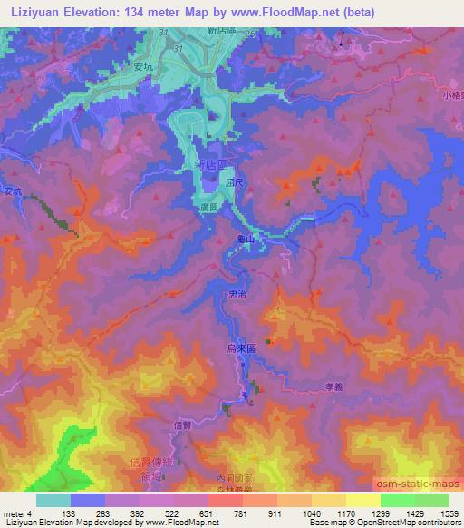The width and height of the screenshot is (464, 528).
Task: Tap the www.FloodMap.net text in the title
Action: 283,12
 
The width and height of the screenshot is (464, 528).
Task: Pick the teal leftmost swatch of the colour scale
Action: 53,500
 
